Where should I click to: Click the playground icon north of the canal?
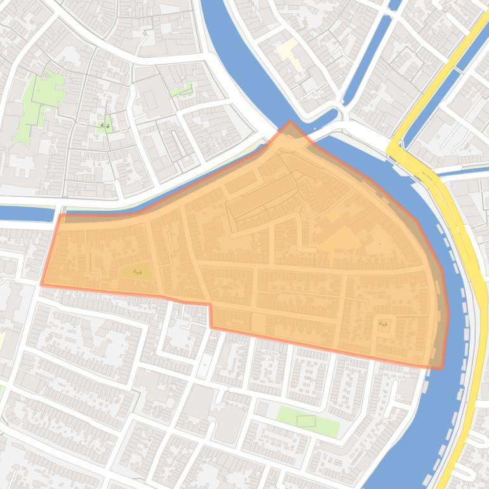(105, 125)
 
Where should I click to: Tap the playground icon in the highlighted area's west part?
(137, 272)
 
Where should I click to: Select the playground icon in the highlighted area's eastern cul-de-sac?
(383, 324)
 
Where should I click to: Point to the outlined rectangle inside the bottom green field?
(306, 420)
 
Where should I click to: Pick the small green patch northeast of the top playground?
(182, 90)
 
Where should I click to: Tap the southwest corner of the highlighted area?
(42, 285)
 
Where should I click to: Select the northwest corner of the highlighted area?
(60, 215)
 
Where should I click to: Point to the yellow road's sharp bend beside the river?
(392, 151)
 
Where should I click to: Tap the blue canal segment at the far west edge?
(25, 213)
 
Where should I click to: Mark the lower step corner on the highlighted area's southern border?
(211, 327)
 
